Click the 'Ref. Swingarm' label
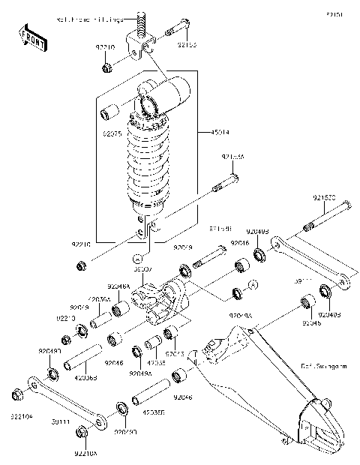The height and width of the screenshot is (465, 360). pyautogui.click(x=324, y=367)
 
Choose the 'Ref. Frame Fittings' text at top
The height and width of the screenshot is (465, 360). pyautogui.click(x=91, y=20)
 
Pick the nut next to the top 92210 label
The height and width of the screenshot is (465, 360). pyautogui.click(x=107, y=68)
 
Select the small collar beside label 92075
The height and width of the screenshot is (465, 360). pyautogui.click(x=110, y=115)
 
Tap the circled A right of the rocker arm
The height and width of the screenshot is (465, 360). pyautogui.click(x=253, y=284)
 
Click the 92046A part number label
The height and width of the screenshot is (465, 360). pyautogui.click(x=118, y=286)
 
